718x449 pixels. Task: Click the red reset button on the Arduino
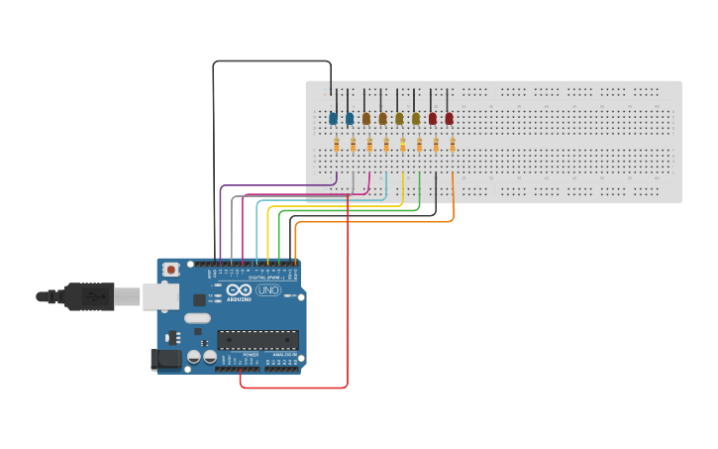click(171, 269)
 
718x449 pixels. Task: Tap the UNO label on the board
click(268, 290)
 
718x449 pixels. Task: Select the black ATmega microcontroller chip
click(257, 339)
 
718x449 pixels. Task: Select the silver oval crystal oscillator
click(197, 319)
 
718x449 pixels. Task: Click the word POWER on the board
click(251, 354)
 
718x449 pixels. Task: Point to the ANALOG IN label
click(283, 354)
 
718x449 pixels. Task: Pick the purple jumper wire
click(277, 185)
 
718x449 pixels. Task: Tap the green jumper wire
click(347, 211)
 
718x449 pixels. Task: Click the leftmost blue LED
click(333, 118)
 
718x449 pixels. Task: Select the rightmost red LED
click(449, 118)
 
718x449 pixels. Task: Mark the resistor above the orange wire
click(453, 145)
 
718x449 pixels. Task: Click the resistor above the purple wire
click(337, 145)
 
